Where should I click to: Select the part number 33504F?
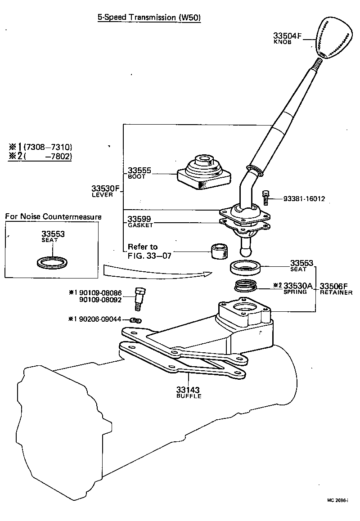(x=287, y=36)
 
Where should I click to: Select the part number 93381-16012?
(x=304, y=198)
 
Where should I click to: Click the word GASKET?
(x=140, y=225)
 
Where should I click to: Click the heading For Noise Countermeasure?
(x=53, y=216)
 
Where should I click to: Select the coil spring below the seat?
(x=246, y=286)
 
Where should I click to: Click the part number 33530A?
(x=298, y=285)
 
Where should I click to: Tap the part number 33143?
(x=188, y=390)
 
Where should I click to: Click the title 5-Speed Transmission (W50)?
(x=149, y=18)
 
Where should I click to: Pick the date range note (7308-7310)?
(x=48, y=147)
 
